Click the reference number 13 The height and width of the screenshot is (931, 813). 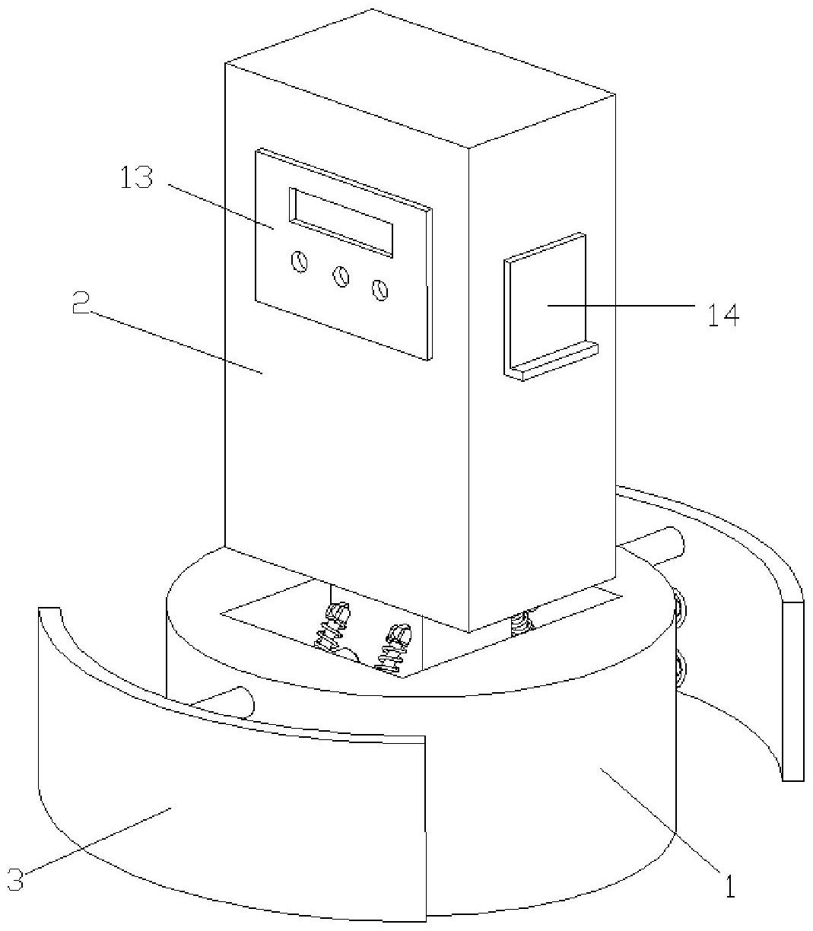136,179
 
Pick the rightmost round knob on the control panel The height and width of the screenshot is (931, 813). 380,289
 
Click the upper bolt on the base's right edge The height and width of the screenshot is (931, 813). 678,606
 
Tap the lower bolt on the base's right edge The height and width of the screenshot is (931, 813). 678,669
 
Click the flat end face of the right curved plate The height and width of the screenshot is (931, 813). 792,691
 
